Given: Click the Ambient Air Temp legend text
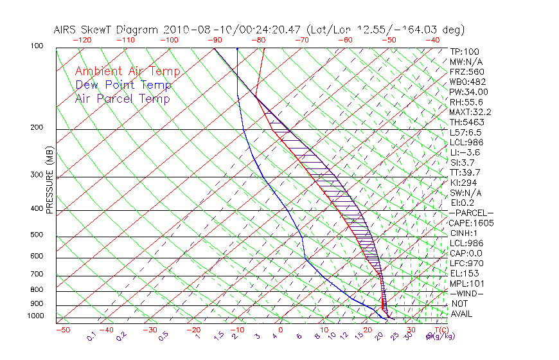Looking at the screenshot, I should [127, 71].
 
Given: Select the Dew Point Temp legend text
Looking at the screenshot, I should [123, 85].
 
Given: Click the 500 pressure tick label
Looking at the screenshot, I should [37, 235].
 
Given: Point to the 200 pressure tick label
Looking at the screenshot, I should [37, 128].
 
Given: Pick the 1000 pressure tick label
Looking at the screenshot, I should [35, 316].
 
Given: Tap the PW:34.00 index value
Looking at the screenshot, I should [469, 92].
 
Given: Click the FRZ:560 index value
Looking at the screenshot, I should [466, 71].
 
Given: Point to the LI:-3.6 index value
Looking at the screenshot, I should [465, 152].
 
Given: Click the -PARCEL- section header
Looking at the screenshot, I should [471, 213].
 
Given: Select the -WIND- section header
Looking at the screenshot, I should [466, 293].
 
